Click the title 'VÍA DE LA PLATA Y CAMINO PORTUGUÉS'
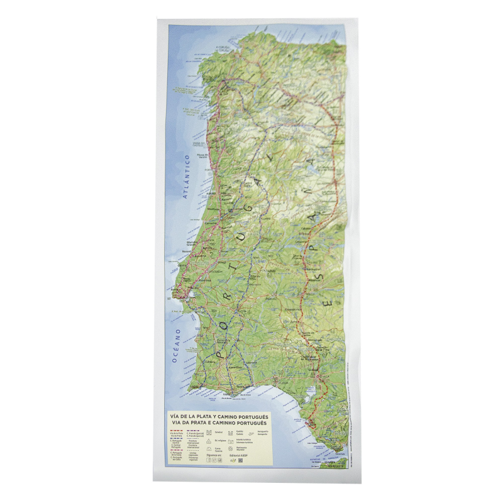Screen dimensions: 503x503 pyautogui.click(x=219, y=417)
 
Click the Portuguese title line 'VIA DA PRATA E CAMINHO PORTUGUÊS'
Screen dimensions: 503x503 pyautogui.click(x=219, y=423)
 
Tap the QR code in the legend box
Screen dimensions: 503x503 pyautogui.click(x=241, y=460)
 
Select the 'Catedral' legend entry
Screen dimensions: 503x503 pyautogui.click(x=219, y=432)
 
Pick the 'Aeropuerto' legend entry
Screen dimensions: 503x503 pyautogui.click(x=263, y=433)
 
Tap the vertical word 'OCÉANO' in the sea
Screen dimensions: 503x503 pyautogui.click(x=177, y=346)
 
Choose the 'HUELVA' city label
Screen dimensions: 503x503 pyautogui.click(x=282, y=382)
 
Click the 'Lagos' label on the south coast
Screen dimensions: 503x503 pyautogui.click(x=195, y=387)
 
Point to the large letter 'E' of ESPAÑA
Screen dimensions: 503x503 pyautogui.click(x=327, y=303)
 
